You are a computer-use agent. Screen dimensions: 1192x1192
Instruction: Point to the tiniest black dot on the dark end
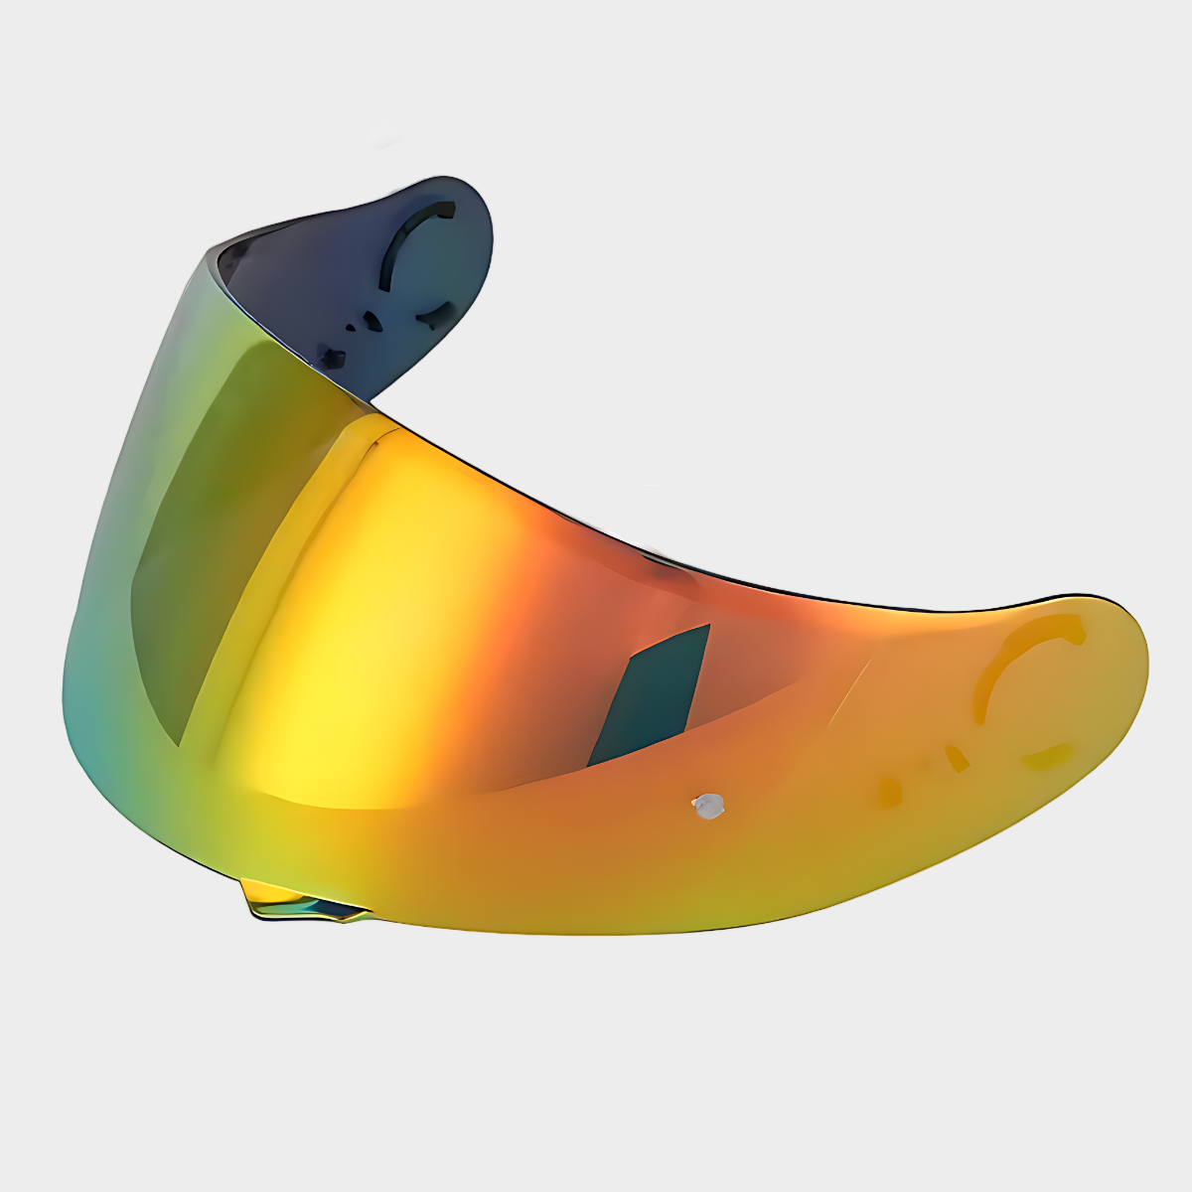350,326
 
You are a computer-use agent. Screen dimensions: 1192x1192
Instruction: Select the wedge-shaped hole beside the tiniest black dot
372,320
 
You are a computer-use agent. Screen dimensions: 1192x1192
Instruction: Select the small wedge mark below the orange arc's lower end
957,760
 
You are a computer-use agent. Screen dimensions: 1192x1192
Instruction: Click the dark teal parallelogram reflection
652,695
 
